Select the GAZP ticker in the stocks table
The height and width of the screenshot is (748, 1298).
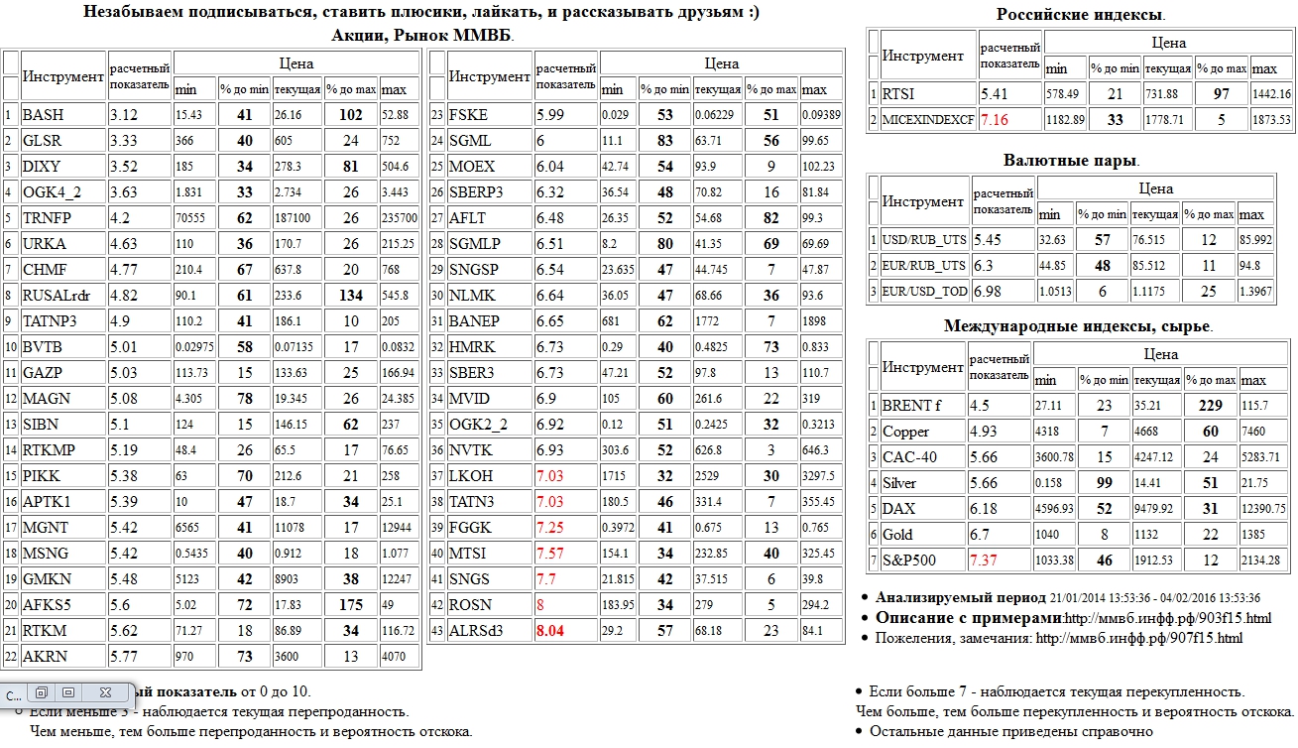(x=42, y=372)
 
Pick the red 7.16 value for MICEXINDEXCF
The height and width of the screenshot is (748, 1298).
(x=995, y=120)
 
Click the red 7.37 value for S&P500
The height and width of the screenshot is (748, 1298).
(x=986, y=561)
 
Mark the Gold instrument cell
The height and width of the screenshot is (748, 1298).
(x=898, y=535)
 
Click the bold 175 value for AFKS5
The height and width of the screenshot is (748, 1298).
(x=351, y=604)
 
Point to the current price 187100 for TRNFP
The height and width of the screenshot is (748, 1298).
(x=296, y=218)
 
